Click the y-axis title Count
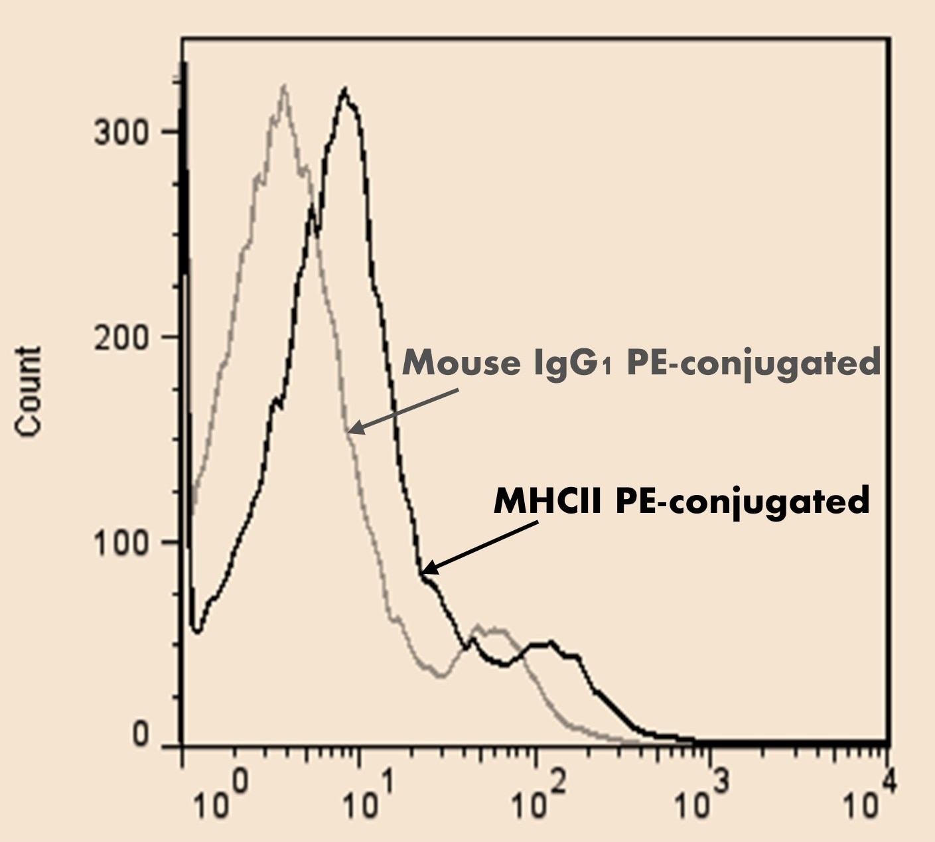pos(29,391)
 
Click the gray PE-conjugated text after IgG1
pos(753,364)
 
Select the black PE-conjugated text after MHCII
pos(742,502)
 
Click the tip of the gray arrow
pos(350,433)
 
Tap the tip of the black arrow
pos(423,572)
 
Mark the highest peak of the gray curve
pos(284,86)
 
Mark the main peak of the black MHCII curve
pos(344,89)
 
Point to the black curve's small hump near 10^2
pos(547,643)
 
